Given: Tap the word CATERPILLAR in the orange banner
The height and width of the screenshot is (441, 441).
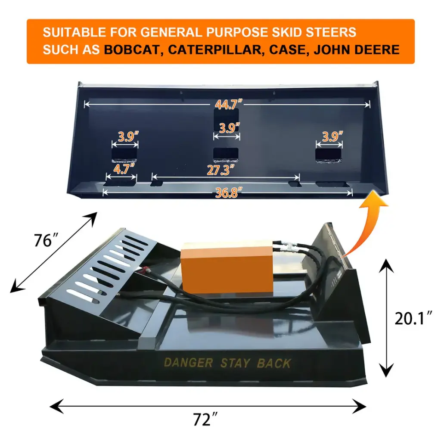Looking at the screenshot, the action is [216, 50].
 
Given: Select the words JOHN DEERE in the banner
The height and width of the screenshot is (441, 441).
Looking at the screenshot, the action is [357, 50].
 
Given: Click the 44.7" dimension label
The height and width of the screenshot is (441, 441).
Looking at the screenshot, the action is [228, 104].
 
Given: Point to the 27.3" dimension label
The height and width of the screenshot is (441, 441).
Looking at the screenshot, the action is [221, 170].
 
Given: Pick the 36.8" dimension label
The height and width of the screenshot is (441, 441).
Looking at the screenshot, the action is [229, 193].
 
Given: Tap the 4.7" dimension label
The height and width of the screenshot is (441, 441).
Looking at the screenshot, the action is [124, 169].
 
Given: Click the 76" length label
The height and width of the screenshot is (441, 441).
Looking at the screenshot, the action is [46, 240].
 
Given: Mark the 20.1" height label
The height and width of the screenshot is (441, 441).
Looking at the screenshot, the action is [413, 318].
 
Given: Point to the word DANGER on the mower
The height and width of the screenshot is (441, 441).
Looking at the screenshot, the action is [188, 363].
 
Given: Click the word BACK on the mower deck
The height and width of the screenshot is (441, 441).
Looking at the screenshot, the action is [273, 363].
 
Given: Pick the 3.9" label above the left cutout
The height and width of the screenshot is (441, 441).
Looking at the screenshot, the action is [128, 137].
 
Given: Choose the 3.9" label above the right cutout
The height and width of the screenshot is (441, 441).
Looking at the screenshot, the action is [332, 137].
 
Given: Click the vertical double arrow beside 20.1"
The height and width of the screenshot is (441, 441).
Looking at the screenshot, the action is [386, 318].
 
